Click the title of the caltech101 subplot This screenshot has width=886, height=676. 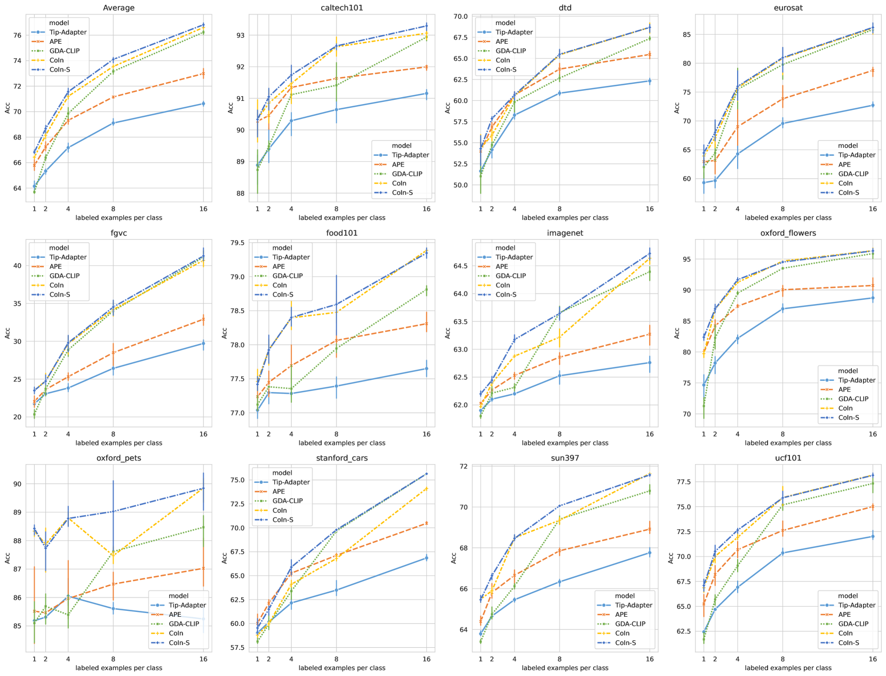[342, 8]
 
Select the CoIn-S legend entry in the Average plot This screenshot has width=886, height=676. [60, 69]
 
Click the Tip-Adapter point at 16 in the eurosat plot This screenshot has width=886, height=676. [873, 105]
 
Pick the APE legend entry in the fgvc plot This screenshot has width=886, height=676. [55, 267]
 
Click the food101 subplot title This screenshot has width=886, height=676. [342, 233]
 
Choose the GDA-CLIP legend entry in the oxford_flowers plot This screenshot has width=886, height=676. [854, 399]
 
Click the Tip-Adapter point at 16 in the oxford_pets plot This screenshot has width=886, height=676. [203, 619]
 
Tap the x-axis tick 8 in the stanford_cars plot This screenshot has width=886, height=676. [336, 659]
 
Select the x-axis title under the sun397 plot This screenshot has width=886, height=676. [565, 668]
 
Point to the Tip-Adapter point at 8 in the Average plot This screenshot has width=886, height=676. [113, 123]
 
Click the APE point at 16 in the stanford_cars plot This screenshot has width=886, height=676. [426, 523]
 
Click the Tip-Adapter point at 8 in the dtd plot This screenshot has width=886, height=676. [560, 93]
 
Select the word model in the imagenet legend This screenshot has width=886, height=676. [505, 248]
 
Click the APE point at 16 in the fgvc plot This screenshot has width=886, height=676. [203, 319]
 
